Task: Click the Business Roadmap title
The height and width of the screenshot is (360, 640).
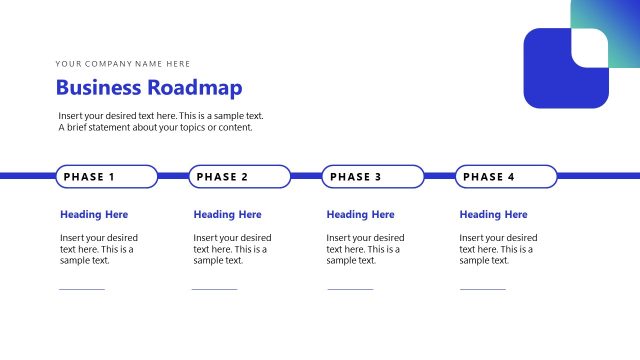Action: point(148,88)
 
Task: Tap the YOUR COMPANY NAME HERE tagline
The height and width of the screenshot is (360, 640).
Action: point(123,64)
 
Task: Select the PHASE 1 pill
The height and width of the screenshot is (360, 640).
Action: point(106,177)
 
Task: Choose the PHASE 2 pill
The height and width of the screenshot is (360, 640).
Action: point(240,177)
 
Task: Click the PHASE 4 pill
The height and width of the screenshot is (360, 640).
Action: point(506,177)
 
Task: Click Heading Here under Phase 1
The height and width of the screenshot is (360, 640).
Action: point(94,214)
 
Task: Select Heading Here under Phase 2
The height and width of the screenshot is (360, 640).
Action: point(227,214)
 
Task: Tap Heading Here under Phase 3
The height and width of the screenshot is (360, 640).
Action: point(360,214)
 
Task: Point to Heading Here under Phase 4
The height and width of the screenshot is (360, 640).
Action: point(493,214)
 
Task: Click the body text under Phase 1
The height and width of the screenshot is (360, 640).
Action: point(98,249)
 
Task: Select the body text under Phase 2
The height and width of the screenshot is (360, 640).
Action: point(231,249)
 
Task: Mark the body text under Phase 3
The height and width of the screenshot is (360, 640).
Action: point(364,249)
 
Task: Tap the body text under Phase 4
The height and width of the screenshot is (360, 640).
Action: point(497,249)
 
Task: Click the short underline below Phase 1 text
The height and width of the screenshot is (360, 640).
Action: point(82,289)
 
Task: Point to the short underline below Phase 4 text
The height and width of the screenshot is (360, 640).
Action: point(482,289)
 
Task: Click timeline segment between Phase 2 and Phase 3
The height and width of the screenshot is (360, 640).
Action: point(306,176)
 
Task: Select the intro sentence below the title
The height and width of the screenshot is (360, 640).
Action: point(160,121)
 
